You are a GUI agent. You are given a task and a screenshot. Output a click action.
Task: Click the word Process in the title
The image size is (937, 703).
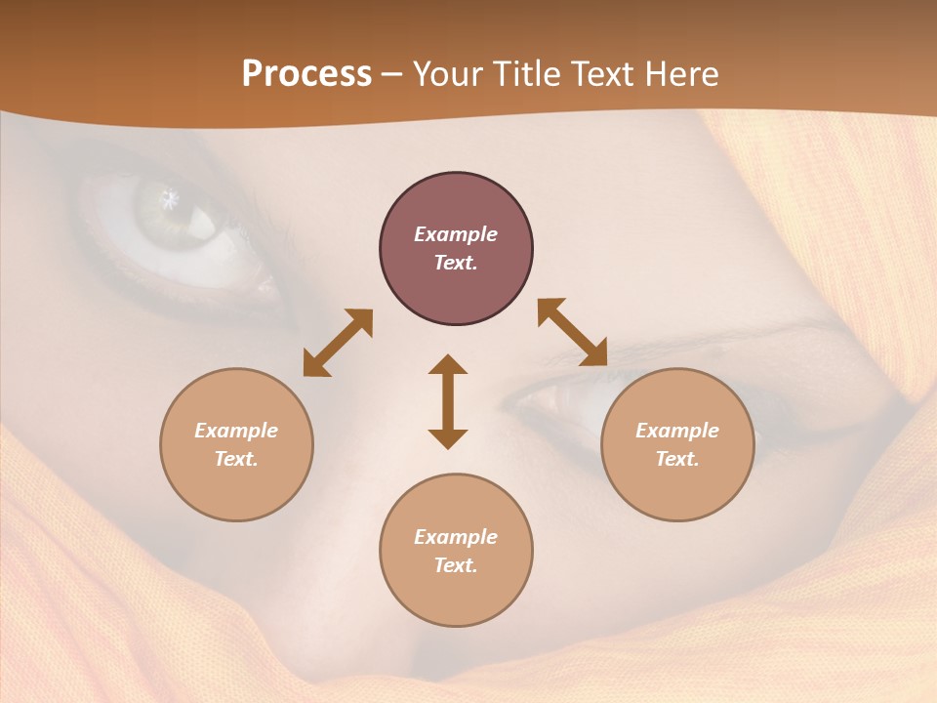point(306,74)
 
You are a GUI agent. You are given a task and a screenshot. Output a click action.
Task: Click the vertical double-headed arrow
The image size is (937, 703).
point(448,401)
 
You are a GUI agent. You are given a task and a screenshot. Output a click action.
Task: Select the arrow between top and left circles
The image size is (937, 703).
point(338,343)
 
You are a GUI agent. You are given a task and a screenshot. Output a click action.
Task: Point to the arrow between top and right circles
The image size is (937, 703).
point(572,332)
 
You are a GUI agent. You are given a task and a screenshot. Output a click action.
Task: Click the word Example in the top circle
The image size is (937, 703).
point(456,234)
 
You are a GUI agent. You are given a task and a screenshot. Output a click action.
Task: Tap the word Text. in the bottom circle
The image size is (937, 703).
point(456,565)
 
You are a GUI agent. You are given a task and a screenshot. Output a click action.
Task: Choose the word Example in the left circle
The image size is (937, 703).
point(236,431)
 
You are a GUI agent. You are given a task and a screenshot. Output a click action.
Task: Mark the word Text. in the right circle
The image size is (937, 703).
point(677,459)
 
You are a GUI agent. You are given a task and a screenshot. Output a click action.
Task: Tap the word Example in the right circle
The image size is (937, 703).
point(677,431)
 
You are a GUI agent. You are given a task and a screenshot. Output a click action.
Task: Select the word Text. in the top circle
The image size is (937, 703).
point(456,263)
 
